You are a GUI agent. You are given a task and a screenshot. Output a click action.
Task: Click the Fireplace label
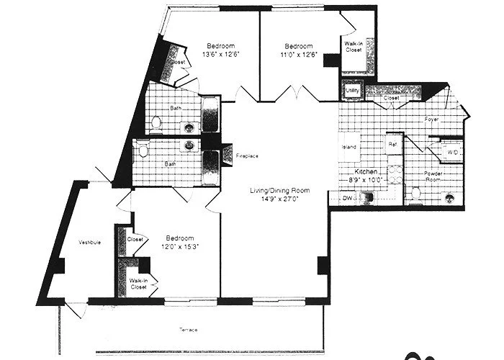[x=247, y=156]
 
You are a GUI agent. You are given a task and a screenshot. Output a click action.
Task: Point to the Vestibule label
[x=90, y=243]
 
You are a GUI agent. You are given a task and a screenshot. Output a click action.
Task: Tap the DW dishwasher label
[x=346, y=197]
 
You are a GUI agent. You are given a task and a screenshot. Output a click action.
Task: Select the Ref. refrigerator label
[x=393, y=145]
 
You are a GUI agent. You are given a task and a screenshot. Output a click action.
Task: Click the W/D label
[x=452, y=153]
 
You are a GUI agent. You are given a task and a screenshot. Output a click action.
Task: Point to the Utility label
[x=352, y=91]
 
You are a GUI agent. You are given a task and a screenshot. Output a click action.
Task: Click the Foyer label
[x=432, y=119]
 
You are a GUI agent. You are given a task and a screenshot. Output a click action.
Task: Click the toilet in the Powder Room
[x=415, y=193]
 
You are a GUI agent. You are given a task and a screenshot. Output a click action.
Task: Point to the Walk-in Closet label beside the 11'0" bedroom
[x=354, y=48]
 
